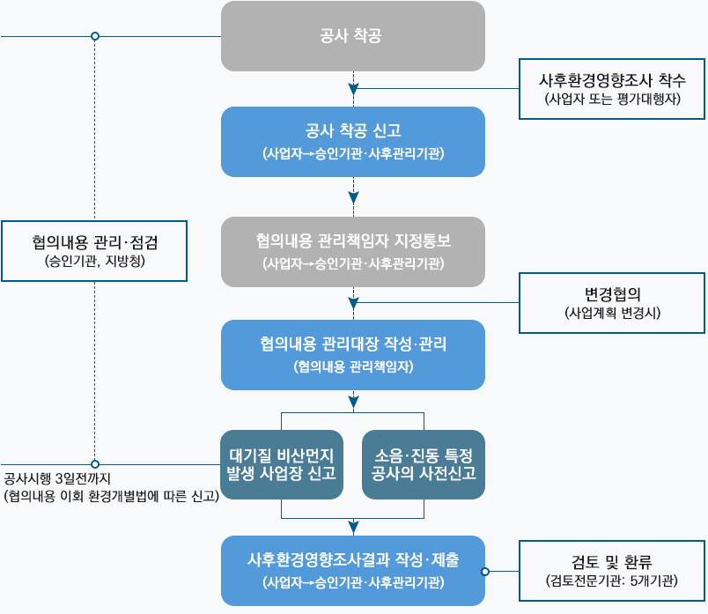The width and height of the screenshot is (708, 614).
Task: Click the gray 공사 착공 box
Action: [x=352, y=36]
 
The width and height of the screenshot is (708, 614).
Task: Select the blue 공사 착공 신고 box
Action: [x=352, y=141]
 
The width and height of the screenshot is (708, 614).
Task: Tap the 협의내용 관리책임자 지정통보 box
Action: [x=352, y=251]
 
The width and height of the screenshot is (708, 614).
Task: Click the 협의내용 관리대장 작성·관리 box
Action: [x=352, y=354]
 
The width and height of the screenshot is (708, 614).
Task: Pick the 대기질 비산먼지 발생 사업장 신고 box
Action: [x=281, y=464]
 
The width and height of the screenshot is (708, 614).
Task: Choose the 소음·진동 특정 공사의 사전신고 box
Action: [x=424, y=464]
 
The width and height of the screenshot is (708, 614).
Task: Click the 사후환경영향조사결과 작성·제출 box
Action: [x=352, y=570]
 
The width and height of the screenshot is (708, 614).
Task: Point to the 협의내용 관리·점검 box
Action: [x=94, y=250]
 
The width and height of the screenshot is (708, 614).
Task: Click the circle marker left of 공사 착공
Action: [x=95, y=37]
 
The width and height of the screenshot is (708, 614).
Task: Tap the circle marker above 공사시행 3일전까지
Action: [x=95, y=464]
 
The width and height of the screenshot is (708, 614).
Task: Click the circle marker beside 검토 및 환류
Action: [x=485, y=571]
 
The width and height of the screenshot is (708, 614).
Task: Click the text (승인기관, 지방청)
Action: [x=94, y=261]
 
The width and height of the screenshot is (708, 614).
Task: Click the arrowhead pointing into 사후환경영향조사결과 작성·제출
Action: [x=353, y=529]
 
